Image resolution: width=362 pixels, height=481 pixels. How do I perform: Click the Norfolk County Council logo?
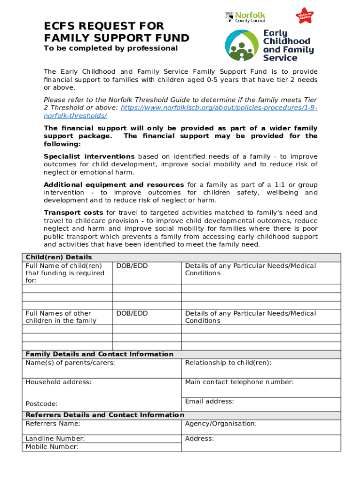pyautogui.click(x=244, y=17)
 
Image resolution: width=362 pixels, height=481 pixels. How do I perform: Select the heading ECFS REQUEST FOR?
pyautogui.click(x=103, y=25)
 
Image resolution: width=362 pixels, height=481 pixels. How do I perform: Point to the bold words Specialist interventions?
pyautogui.click(x=89, y=156)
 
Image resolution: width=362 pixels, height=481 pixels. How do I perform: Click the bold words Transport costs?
pyautogui.click(x=74, y=213)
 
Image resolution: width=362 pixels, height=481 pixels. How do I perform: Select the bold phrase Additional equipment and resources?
pyautogui.click(x=114, y=185)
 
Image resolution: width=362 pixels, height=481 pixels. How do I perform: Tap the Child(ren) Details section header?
pyautogui.click(x=58, y=257)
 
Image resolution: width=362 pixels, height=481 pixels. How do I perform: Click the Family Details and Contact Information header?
pyautogui.click(x=99, y=354)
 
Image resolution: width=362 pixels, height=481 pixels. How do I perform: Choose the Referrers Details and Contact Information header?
pyautogui.click(x=104, y=415)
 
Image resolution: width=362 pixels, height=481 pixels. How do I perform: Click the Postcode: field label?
pyautogui.click(x=41, y=403)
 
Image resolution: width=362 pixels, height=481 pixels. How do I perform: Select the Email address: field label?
pyautogui.click(x=209, y=401)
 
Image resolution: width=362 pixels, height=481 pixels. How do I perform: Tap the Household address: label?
pyautogui.click(x=58, y=382)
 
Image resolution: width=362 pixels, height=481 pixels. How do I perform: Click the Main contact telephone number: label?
pyautogui.click(x=239, y=382)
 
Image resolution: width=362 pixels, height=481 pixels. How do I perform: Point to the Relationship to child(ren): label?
pyautogui.click(x=228, y=363)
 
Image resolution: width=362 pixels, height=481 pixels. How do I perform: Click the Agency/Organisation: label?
pyautogui.click(x=221, y=424)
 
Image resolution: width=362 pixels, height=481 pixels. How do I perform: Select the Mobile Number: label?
pyautogui.click(x=52, y=447)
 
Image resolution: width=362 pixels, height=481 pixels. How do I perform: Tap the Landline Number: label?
pyautogui.click(x=55, y=439)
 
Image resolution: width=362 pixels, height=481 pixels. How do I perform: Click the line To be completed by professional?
pyautogui.click(x=111, y=48)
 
